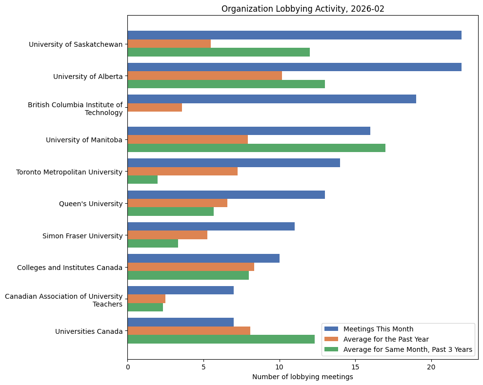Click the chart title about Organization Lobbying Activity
(302, 9)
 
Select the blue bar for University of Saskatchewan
(294, 35)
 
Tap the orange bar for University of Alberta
(204, 76)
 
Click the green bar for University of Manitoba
(256, 148)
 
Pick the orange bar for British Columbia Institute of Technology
(155, 107)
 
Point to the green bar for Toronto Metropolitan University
(142, 179)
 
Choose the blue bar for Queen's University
(226, 194)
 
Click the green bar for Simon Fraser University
(153, 243)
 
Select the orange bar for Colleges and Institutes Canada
(191, 267)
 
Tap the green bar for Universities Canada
(221, 339)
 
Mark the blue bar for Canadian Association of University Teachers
(181, 290)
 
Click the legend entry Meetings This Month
(378, 328)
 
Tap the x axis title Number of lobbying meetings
(302, 377)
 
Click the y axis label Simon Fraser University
(82, 236)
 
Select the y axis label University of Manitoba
(84, 140)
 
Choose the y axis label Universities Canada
(89, 331)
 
